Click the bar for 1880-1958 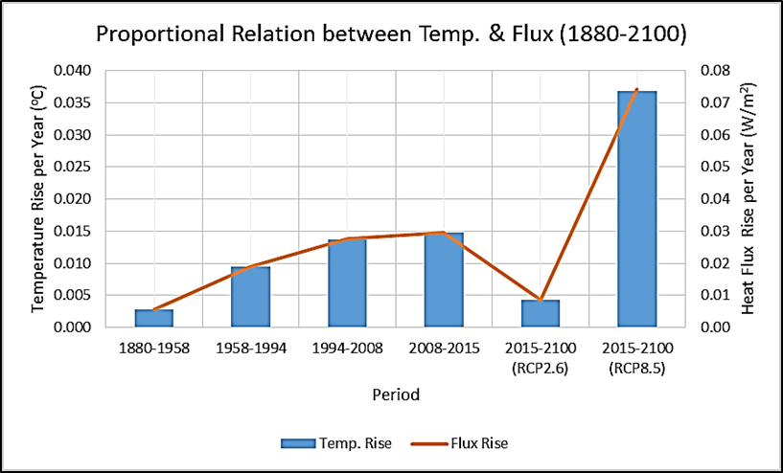tap(154, 318)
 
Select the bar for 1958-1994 tap(250, 297)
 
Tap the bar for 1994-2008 tap(347, 282)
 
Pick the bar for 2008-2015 tap(444, 280)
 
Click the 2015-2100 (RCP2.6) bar tap(541, 313)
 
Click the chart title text tap(391, 36)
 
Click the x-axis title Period tap(395, 394)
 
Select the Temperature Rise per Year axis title tap(38, 199)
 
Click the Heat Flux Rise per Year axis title tap(748, 199)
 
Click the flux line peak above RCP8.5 tap(636, 90)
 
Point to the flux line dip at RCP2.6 tap(541, 300)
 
